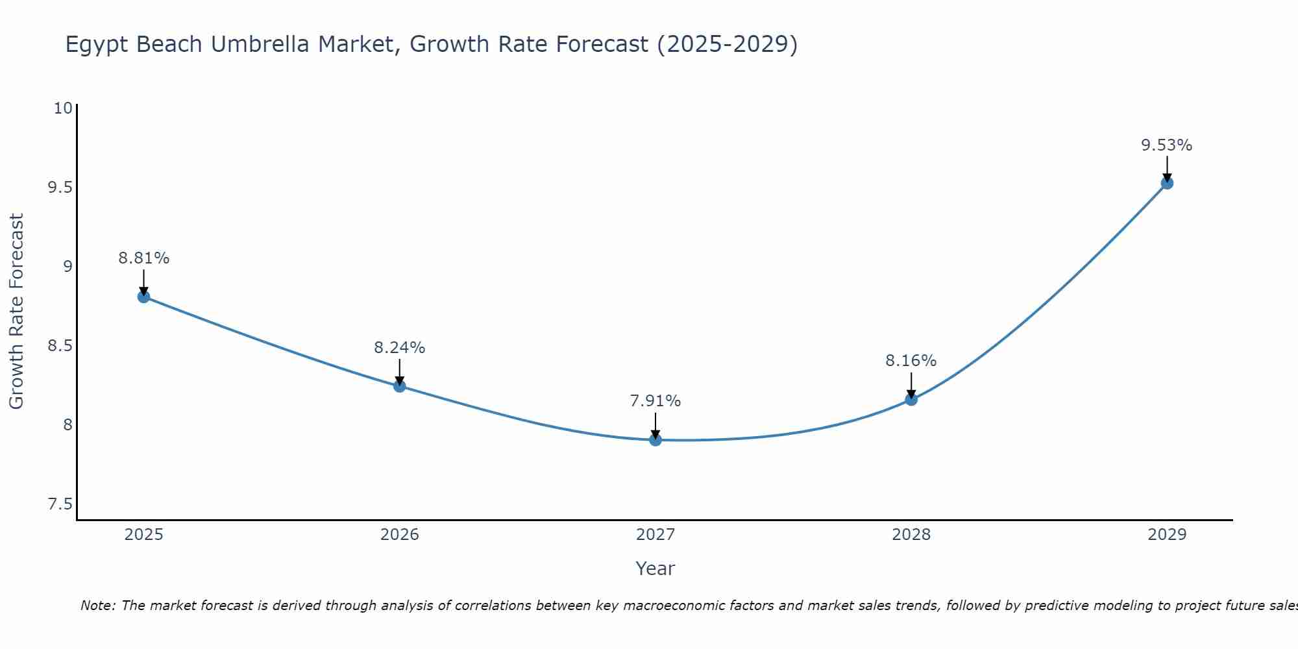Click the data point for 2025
143,297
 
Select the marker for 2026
400,386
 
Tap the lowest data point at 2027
655,440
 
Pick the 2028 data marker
911,399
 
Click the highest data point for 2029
1167,183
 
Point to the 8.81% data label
143,258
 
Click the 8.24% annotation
400,348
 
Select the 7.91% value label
655,401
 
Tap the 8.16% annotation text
911,361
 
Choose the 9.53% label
1167,145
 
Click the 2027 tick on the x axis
655,535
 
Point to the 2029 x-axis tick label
1167,535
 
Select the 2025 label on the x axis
143,535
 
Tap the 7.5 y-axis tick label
60,504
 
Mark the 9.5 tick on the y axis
60,188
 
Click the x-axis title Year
655,569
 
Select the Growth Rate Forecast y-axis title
16,312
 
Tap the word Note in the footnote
97,606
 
